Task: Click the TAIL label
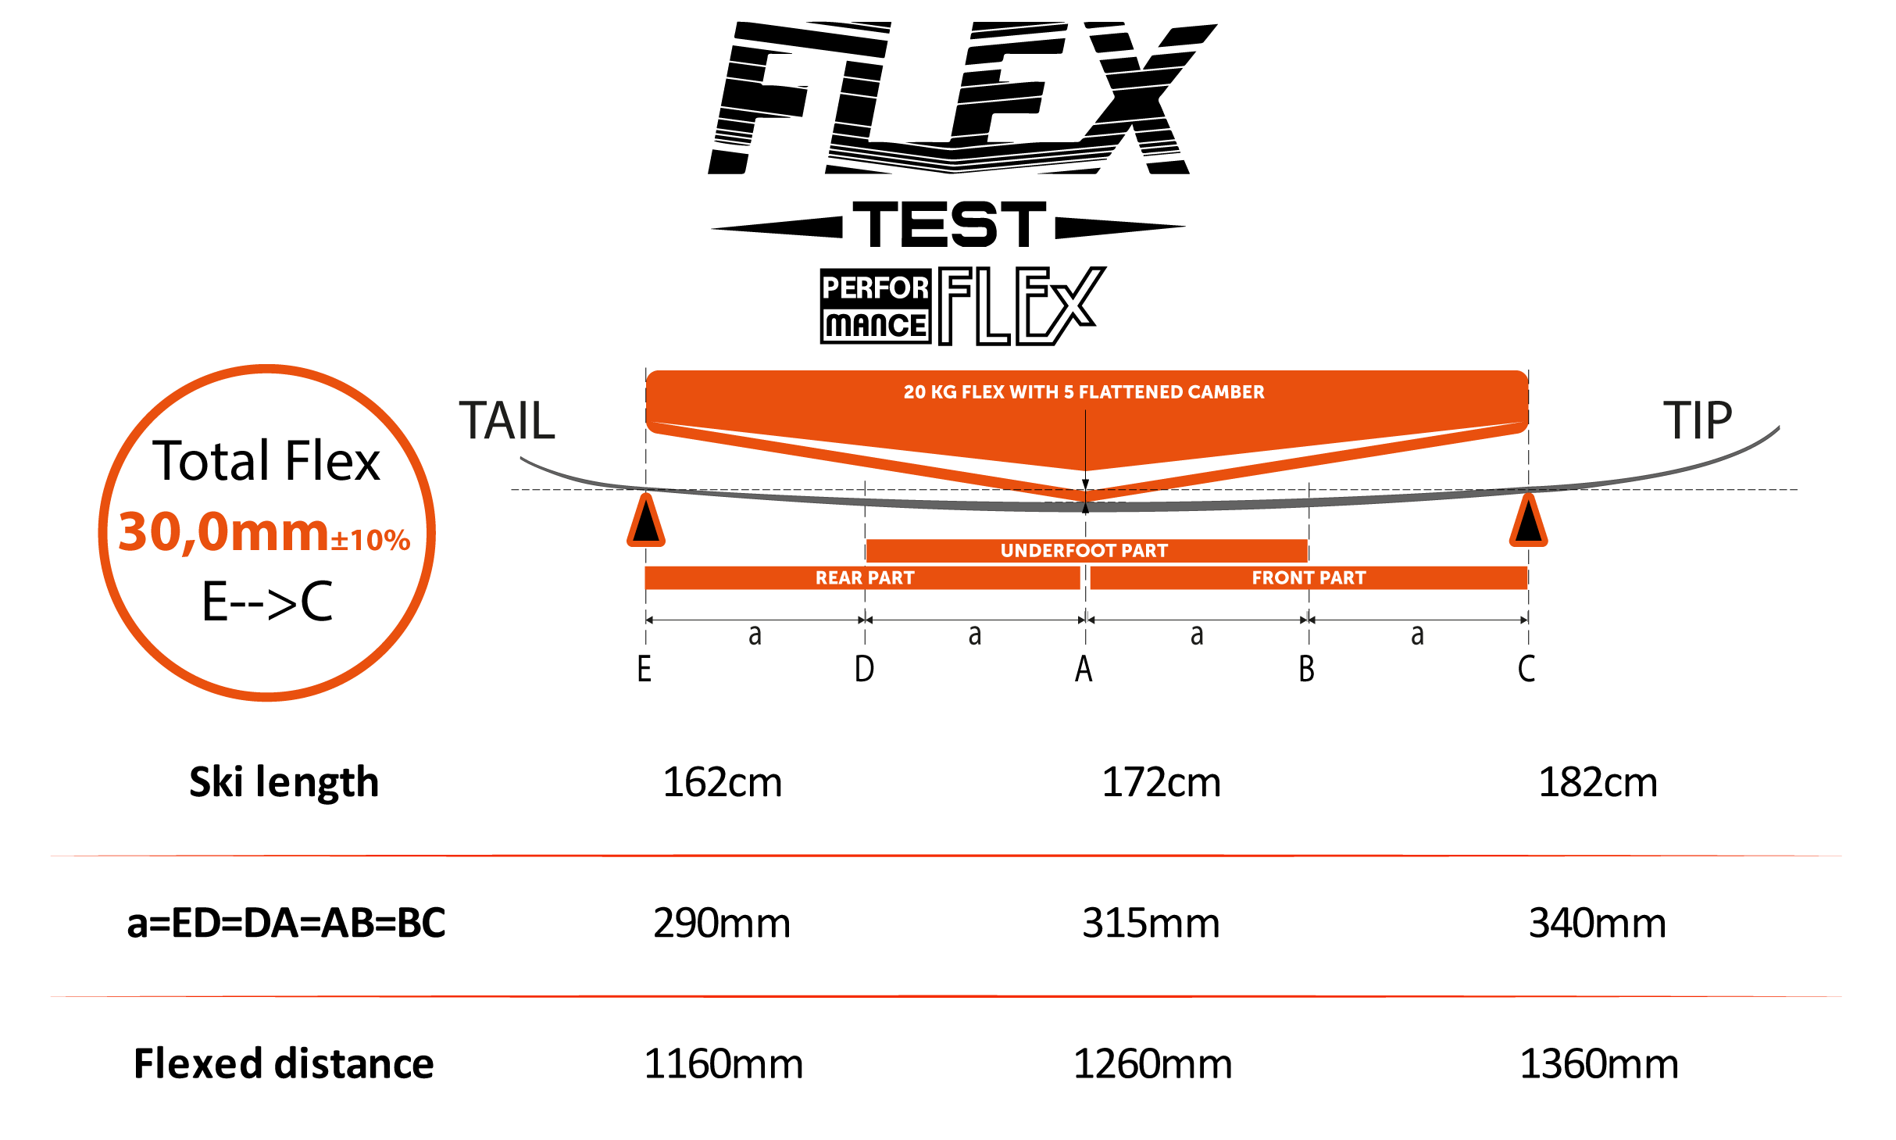click(506, 421)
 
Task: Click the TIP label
click(1697, 420)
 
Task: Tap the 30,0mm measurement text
click(223, 532)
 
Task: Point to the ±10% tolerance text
click(370, 540)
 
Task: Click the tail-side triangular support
click(646, 521)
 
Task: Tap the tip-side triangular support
click(1528, 521)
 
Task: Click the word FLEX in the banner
click(983, 392)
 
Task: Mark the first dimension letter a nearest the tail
click(755, 635)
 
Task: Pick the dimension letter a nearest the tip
click(1417, 635)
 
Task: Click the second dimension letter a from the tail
click(975, 635)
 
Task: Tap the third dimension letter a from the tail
click(1197, 635)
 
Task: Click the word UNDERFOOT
click(1059, 551)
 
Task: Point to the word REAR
click(838, 578)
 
